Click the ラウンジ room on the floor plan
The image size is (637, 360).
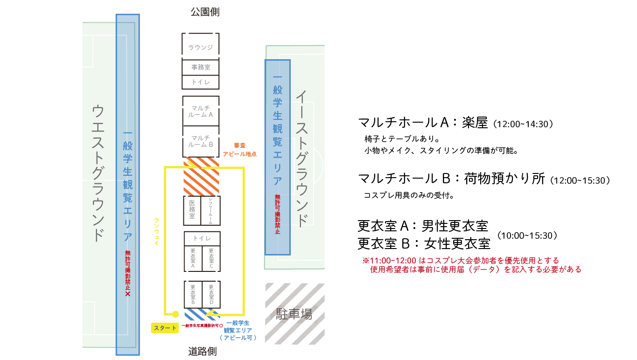(201, 47)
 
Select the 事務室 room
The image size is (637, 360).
(201, 67)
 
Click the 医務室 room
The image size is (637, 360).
(192, 210)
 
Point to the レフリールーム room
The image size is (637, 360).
(210, 210)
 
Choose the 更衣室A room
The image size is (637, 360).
(193, 259)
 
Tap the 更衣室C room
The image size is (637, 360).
(211, 259)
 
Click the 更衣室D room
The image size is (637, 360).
(211, 294)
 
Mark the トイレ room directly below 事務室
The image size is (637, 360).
(201, 83)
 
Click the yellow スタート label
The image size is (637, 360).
(165, 328)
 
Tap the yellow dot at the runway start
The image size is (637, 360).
(175, 314)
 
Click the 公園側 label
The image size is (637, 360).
(205, 12)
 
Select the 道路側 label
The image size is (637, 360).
(203, 351)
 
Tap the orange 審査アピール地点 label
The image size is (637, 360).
(239, 150)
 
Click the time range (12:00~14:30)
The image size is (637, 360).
(525, 124)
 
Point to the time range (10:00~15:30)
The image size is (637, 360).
(527, 235)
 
